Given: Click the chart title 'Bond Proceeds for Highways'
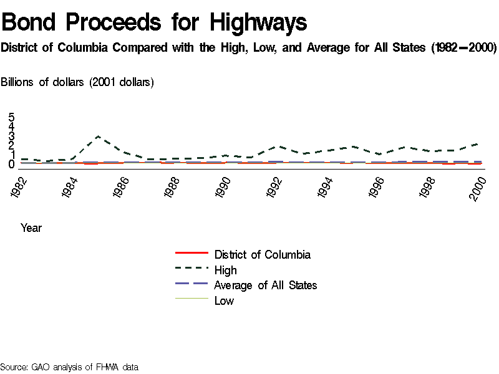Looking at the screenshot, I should (x=154, y=22).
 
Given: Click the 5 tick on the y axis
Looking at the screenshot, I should (x=11, y=117).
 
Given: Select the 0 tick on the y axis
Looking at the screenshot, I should (x=11, y=165).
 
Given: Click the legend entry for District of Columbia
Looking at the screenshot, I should (x=262, y=254).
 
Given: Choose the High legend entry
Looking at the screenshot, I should (x=225, y=270).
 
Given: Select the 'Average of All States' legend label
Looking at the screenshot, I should (x=265, y=285).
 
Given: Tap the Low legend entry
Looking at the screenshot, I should (x=224, y=300).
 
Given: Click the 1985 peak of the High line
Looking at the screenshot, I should (x=98, y=136).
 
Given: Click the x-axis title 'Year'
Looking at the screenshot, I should (x=31, y=228).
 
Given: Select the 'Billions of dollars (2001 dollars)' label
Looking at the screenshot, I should (x=77, y=82).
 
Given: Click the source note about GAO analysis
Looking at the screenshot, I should (x=69, y=367).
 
